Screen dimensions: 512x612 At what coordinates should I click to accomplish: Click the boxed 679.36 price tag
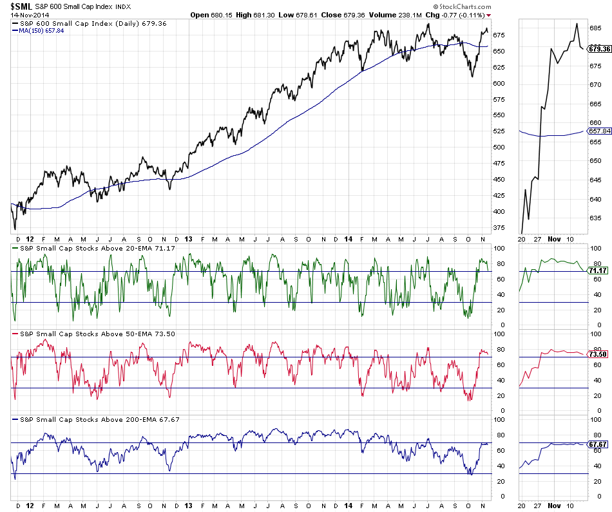coord(599,48)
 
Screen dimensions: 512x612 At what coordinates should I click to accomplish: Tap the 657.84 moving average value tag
coord(599,131)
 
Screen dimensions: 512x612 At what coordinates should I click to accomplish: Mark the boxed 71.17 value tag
coord(598,270)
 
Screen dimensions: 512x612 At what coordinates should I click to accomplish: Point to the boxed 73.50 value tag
coord(598,354)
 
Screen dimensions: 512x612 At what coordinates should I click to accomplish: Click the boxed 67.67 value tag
coord(598,444)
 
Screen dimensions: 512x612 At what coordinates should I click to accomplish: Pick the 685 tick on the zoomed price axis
coord(596,28)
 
